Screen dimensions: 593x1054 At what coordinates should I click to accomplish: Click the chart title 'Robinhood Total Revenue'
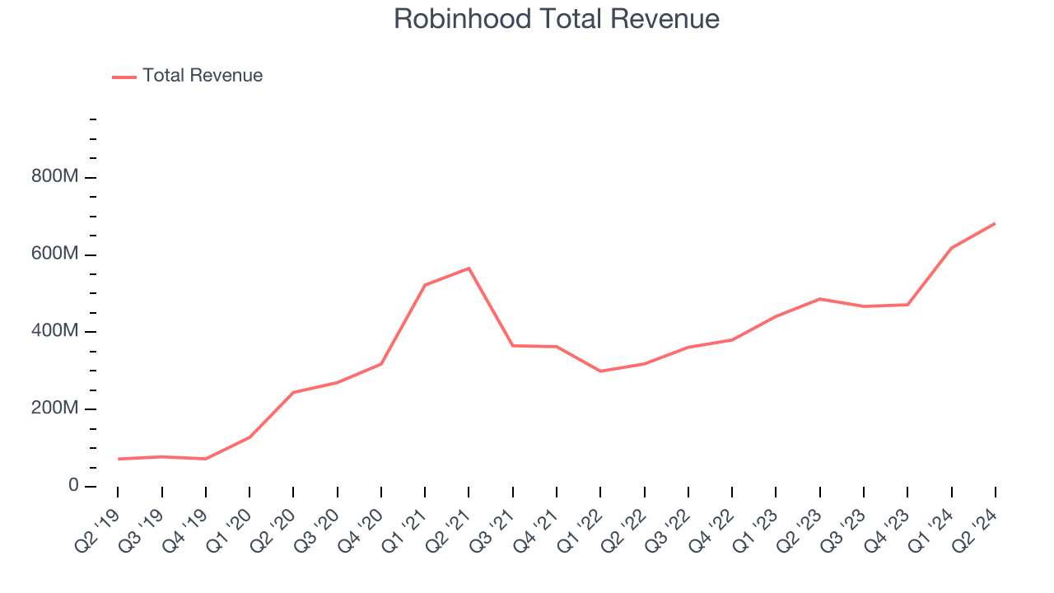pyautogui.click(x=557, y=19)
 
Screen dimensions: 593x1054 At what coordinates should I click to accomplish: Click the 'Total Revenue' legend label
pyautogui.click(x=203, y=76)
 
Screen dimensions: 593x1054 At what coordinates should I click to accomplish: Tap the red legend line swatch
pyautogui.click(x=124, y=77)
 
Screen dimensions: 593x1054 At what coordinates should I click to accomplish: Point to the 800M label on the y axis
pyautogui.click(x=55, y=178)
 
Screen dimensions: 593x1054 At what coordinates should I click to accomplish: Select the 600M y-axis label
pyautogui.click(x=55, y=254)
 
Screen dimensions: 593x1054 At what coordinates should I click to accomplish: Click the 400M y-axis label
pyautogui.click(x=55, y=332)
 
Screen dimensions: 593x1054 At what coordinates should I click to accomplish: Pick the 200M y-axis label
pyautogui.click(x=55, y=409)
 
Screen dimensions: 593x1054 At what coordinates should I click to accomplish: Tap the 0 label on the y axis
pyautogui.click(x=73, y=486)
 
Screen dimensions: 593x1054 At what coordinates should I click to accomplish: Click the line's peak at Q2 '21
pyautogui.click(x=469, y=268)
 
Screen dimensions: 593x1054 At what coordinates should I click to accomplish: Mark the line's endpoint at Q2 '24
pyautogui.click(x=995, y=223)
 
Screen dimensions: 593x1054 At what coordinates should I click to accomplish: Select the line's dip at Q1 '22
pyautogui.click(x=600, y=371)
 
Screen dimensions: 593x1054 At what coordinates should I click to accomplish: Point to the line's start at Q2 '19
pyautogui.click(x=118, y=459)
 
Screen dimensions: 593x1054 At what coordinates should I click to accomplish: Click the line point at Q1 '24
pyautogui.click(x=951, y=248)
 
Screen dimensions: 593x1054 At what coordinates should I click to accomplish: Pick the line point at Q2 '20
pyautogui.click(x=293, y=392)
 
